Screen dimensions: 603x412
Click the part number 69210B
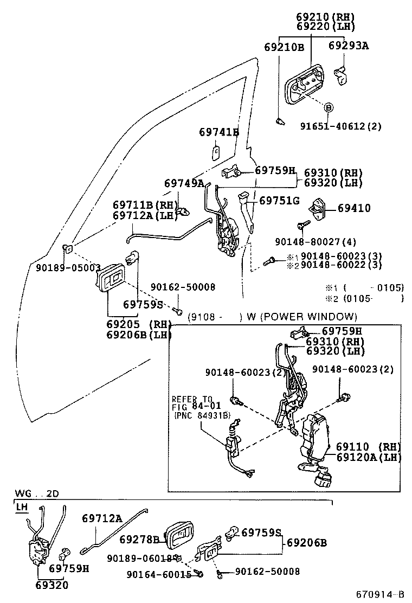[285, 47]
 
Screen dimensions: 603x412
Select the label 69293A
[348, 46]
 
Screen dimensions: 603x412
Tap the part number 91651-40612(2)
[341, 126]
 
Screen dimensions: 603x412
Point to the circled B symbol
[329, 107]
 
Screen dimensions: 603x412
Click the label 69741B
[218, 132]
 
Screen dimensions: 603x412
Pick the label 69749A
[184, 183]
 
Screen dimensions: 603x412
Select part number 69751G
[279, 201]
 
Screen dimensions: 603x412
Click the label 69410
[354, 208]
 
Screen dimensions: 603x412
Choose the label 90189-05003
[68, 267]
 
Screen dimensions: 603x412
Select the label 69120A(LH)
[368, 457]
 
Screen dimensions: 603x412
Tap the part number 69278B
[139, 540]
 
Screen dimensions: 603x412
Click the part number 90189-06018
[140, 558]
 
